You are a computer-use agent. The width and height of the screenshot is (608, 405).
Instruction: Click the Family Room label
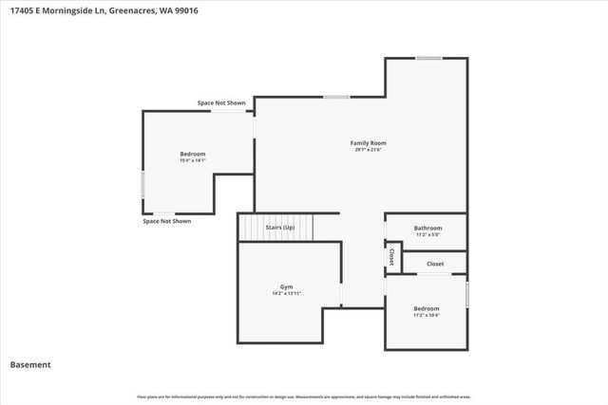pyautogui.click(x=370, y=143)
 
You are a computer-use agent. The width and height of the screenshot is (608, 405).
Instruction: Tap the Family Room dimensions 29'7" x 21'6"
pyautogui.click(x=370, y=150)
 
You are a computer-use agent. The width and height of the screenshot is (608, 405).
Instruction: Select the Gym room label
pyautogui.click(x=286, y=286)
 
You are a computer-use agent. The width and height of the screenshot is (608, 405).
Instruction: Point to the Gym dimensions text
pyautogui.click(x=286, y=293)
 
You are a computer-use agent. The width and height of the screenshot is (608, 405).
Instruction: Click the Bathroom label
pyautogui.click(x=427, y=228)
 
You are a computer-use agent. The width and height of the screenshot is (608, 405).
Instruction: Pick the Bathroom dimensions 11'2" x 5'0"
pyautogui.click(x=427, y=234)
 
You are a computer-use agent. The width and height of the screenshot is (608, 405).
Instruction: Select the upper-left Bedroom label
pyautogui.click(x=193, y=154)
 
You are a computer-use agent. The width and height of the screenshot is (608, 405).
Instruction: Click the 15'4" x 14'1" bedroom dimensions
pyautogui.click(x=193, y=160)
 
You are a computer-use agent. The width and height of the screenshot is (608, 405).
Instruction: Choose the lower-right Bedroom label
pyautogui.click(x=427, y=308)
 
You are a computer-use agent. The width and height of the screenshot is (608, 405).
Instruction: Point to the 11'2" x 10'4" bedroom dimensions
pyautogui.click(x=427, y=315)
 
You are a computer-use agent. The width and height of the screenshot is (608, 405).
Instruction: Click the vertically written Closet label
pyautogui.click(x=391, y=257)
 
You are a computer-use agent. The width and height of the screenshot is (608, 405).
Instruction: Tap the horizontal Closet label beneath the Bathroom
pyautogui.click(x=435, y=264)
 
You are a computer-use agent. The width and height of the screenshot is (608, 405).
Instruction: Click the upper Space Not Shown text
pyautogui.click(x=221, y=102)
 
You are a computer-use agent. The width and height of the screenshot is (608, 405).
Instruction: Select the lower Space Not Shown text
pyautogui.click(x=167, y=221)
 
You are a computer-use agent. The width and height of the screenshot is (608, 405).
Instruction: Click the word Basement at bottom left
pyautogui.click(x=30, y=364)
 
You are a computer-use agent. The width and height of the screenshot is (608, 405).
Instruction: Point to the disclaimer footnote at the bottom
pyautogui.click(x=304, y=396)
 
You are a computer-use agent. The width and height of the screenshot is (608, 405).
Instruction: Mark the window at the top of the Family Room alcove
pyautogui.click(x=428, y=59)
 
